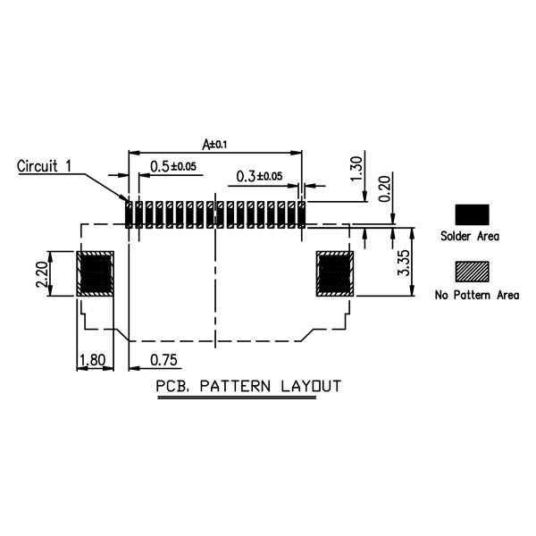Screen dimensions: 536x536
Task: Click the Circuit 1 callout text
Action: point(45,166)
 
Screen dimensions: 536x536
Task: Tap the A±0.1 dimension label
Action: point(214,144)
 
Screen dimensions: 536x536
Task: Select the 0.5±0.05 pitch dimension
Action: point(173,166)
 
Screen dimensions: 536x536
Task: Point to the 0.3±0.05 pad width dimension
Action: point(259,176)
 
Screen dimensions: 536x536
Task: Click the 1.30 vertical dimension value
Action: point(356,169)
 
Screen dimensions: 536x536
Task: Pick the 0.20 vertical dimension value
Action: point(384,188)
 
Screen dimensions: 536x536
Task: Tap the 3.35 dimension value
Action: point(404,263)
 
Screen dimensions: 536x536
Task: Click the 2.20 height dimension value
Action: point(42,274)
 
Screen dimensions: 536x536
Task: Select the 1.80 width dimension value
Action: point(92,360)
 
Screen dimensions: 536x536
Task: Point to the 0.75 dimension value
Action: point(163,360)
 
